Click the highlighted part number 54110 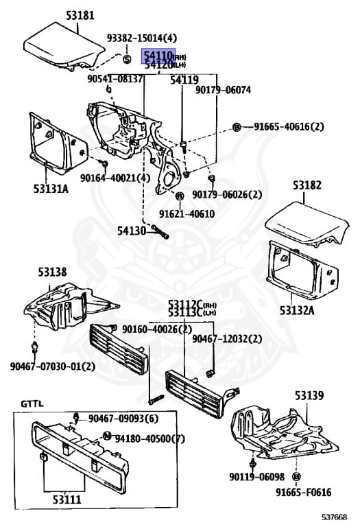[x=158, y=55]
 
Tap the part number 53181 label [x=80, y=16]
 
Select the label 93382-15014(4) [x=142, y=38]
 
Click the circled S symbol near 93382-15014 [x=127, y=59]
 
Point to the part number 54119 [x=184, y=80]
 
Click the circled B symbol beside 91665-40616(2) [x=237, y=127]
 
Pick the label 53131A [x=51, y=189]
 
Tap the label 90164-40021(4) [x=115, y=178]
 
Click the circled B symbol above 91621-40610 [x=180, y=196]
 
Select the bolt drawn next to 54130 [x=160, y=232]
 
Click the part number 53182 [x=307, y=185]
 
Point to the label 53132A [x=297, y=310]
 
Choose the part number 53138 [x=52, y=272]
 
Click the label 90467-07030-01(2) [x=53, y=366]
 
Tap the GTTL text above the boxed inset [x=32, y=403]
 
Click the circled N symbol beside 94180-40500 [x=107, y=436]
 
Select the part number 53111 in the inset [x=67, y=500]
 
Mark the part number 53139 [x=310, y=395]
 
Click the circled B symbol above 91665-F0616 [x=296, y=476]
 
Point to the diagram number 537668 [x=333, y=517]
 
